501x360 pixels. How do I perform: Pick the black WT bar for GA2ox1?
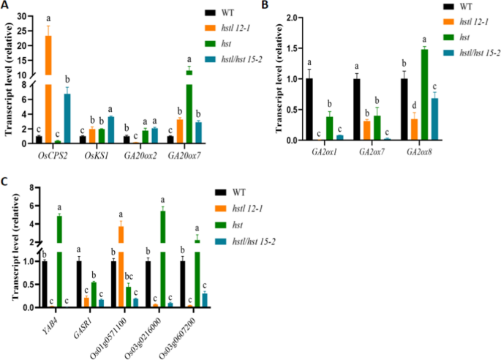click(x=309, y=110)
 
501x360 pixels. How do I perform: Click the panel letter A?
click(x=6, y=6)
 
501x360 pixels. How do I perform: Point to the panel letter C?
click(x=6, y=179)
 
